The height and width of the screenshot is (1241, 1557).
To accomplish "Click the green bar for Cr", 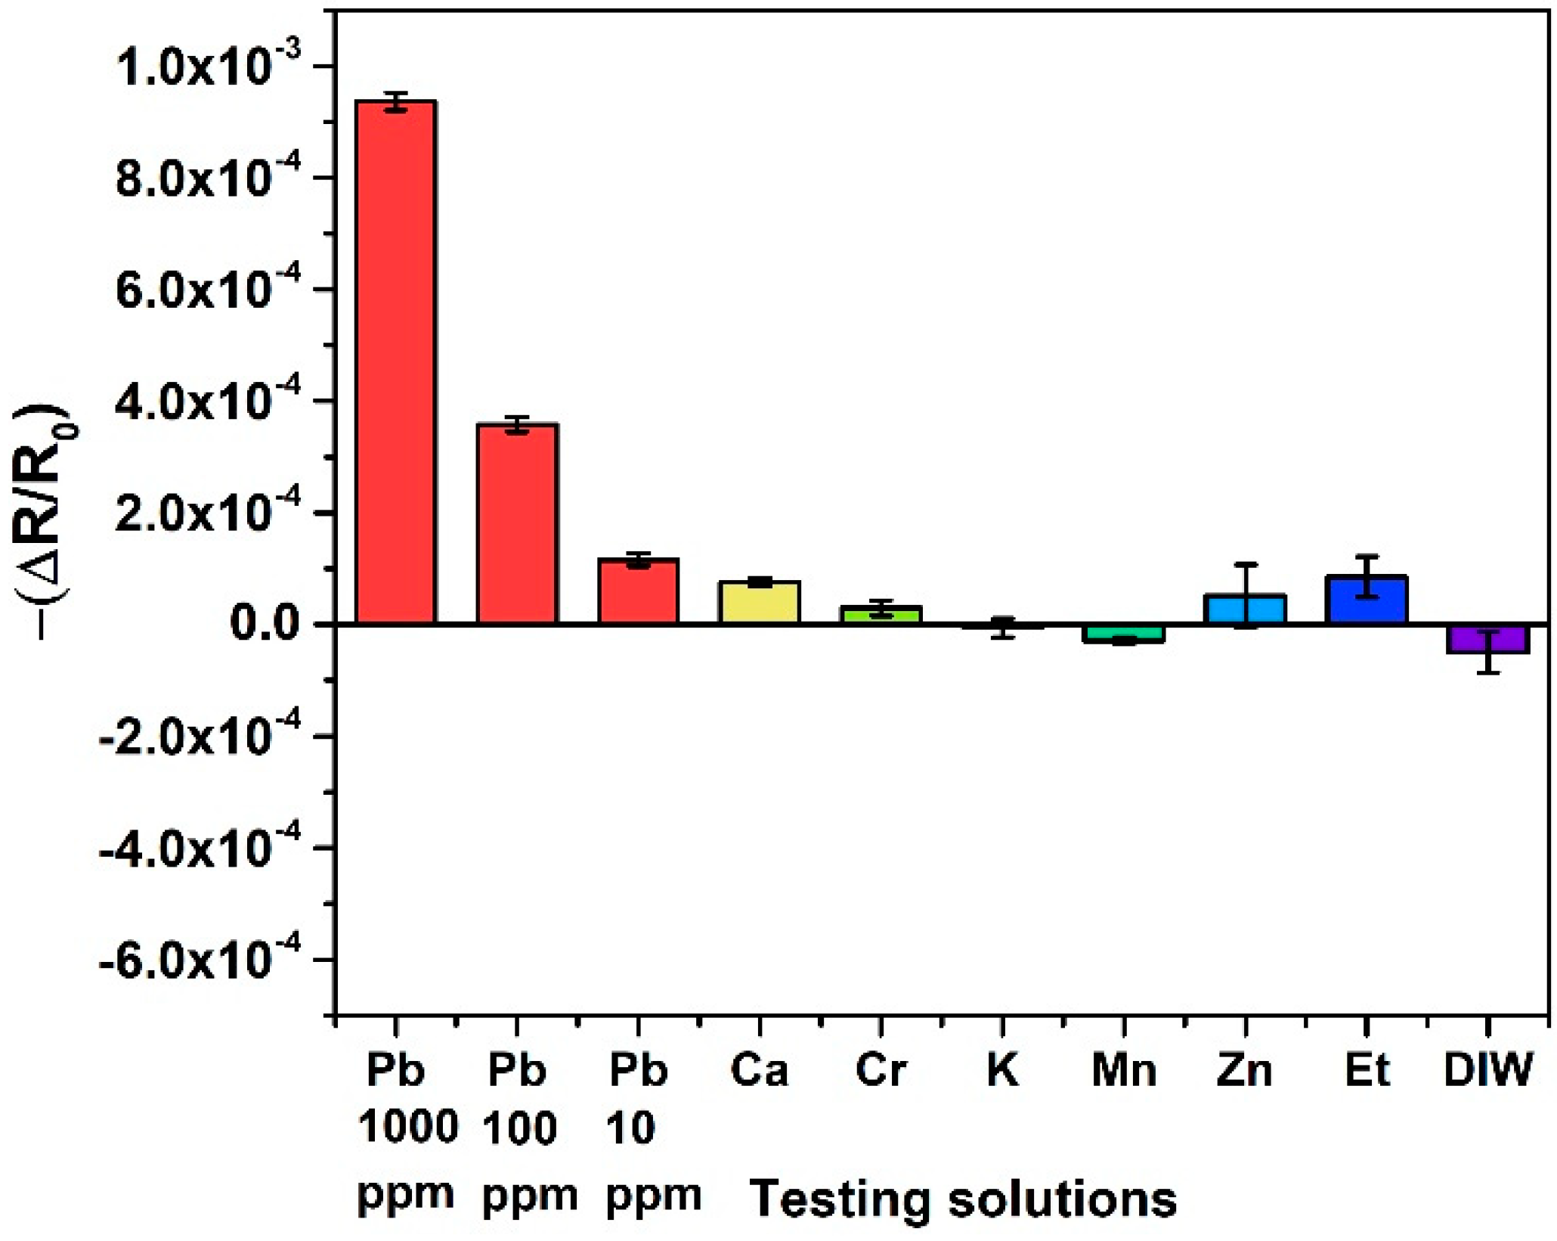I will (x=881, y=614).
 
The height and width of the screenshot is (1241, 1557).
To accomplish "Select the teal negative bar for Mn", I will (x=1124, y=633).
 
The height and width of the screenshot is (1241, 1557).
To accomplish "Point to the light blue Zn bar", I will (x=1245, y=609).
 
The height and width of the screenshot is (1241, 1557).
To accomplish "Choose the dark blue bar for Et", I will (x=1367, y=600).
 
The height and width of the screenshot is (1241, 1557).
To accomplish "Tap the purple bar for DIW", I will (x=1488, y=639).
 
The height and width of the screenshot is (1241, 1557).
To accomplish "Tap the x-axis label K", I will (x=1002, y=1070).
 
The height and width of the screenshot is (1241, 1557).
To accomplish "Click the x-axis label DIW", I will (x=1487, y=1070).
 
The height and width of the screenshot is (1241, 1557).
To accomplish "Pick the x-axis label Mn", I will (x=1124, y=1070).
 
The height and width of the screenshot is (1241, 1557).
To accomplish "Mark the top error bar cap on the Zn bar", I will (x=1245, y=564).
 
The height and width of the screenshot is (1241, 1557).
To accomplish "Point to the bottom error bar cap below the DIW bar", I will (x=1488, y=672).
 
